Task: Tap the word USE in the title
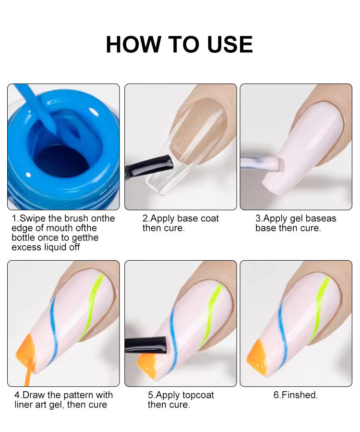[x=230, y=44]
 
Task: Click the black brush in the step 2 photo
[x=149, y=167]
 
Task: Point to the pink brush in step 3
[x=260, y=164]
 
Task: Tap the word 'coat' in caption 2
[x=210, y=218]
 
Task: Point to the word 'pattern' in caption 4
[x=72, y=395]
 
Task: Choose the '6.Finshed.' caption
[x=296, y=395]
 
